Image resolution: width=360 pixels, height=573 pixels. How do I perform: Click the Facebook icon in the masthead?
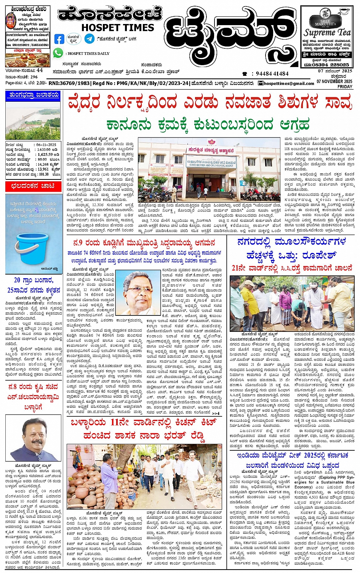click(x=59, y=39)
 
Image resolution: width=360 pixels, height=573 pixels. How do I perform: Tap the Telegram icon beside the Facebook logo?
click(x=90, y=38)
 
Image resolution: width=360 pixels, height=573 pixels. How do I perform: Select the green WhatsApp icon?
click(x=58, y=53)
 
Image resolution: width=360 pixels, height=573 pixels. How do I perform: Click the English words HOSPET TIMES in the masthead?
click(x=118, y=27)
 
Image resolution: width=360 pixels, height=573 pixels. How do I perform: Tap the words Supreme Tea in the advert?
click(x=326, y=33)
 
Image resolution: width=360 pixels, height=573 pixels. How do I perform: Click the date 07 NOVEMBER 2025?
click(x=334, y=82)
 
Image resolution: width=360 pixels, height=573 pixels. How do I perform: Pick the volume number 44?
click(x=40, y=70)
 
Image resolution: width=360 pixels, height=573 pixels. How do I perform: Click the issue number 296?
click(x=34, y=77)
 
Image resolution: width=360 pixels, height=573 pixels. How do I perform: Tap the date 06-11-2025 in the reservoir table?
click(x=46, y=145)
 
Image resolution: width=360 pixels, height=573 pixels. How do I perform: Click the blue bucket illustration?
click(x=32, y=248)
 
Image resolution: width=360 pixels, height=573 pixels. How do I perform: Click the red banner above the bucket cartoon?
click(x=33, y=186)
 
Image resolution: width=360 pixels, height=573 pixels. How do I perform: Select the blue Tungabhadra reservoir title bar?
click(x=33, y=95)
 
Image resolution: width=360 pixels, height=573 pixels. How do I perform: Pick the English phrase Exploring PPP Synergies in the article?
click(x=337, y=477)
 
